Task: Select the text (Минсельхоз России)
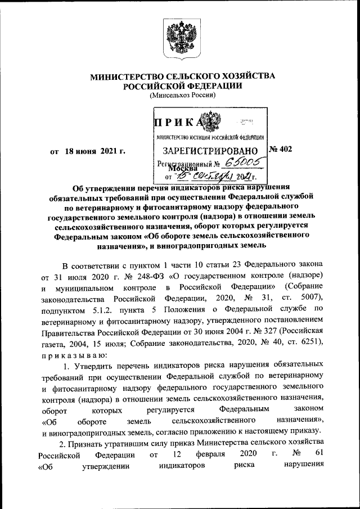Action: tap(180, 96)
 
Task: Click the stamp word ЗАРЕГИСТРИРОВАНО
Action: tap(210, 151)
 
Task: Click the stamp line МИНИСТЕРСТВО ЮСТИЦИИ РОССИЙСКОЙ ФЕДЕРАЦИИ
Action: tap(210, 137)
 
